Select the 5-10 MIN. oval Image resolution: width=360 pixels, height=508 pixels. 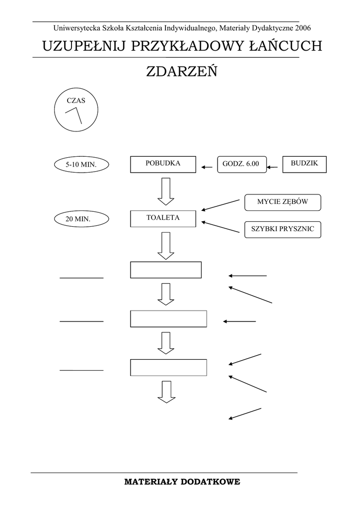(80, 164)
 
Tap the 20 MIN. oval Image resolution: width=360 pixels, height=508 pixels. (80, 218)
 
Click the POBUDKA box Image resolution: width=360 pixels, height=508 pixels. (163, 164)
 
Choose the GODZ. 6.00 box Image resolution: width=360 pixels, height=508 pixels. (241, 164)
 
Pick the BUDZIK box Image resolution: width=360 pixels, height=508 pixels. (304, 164)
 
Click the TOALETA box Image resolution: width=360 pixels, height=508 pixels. (163, 218)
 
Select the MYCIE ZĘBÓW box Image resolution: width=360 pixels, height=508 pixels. (283, 202)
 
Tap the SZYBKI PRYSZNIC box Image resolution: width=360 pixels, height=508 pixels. (283, 229)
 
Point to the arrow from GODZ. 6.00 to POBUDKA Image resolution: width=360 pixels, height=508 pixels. (207, 167)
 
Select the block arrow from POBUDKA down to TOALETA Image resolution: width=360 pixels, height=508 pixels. (165, 191)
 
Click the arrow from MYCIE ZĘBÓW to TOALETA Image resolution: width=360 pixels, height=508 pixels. (220, 205)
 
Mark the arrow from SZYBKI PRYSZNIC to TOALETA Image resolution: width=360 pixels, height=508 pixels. (220, 227)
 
